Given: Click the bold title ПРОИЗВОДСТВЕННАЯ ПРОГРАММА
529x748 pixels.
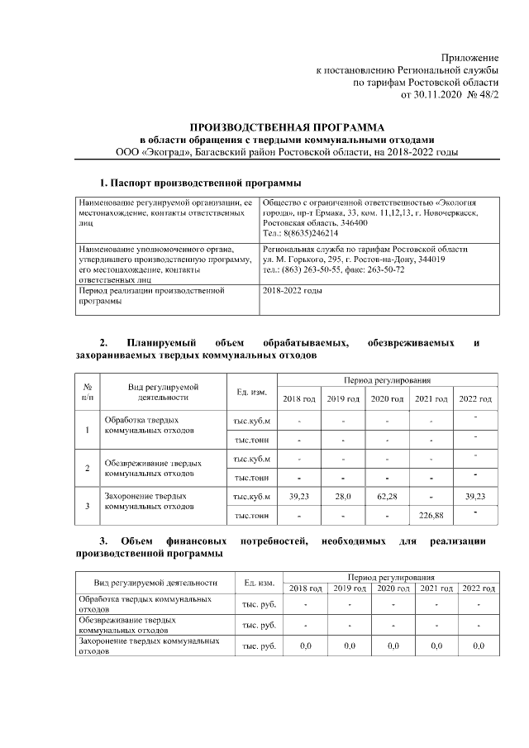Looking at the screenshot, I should tap(287, 127).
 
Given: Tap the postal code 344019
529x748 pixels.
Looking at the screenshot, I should tap(427, 260).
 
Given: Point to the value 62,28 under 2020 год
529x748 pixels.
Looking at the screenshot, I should tap(387, 496).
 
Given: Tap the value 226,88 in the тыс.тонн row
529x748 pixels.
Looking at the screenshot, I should tap(430, 517).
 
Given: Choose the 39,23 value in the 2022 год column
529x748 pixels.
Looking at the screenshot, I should tap(475, 496).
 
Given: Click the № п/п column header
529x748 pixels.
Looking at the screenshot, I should tap(88, 392).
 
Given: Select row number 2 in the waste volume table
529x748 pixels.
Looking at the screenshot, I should tap(88, 469).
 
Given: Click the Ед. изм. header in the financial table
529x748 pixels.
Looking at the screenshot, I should tap(259, 582).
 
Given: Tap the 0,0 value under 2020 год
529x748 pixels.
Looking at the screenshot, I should tap(393, 646).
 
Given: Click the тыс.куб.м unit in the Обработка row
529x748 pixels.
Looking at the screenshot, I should tap(252, 421).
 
